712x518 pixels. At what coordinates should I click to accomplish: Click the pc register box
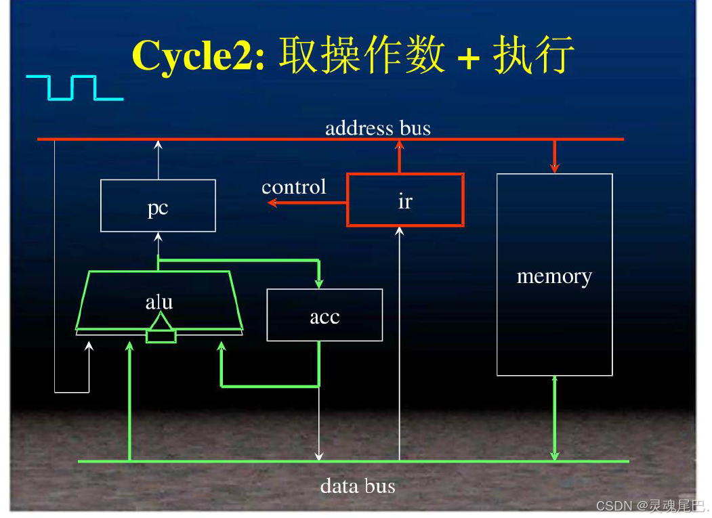coord(158,206)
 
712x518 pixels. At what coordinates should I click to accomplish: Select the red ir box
coord(405,200)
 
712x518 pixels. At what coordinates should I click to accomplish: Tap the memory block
coord(554,275)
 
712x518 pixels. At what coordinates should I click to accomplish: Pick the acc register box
coord(324,315)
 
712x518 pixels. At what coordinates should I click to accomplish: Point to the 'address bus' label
coord(377,128)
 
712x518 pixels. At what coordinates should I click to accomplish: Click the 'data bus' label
coord(357,485)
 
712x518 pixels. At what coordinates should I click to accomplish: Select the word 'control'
coord(294,187)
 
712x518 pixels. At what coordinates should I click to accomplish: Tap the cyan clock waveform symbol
coord(75,88)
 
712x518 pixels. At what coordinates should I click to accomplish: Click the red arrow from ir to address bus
coord(399,156)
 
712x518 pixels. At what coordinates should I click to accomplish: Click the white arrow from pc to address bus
coord(158,160)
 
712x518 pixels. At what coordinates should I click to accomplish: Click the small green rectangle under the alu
coord(161,336)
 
